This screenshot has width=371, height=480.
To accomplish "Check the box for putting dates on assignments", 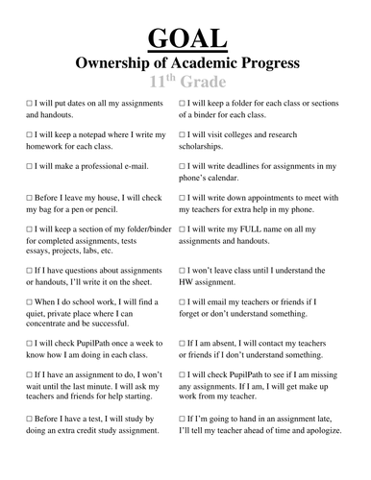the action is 32,101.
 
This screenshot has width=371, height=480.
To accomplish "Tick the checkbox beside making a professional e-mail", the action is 32,166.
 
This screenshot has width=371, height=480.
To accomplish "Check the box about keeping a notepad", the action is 32,133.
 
